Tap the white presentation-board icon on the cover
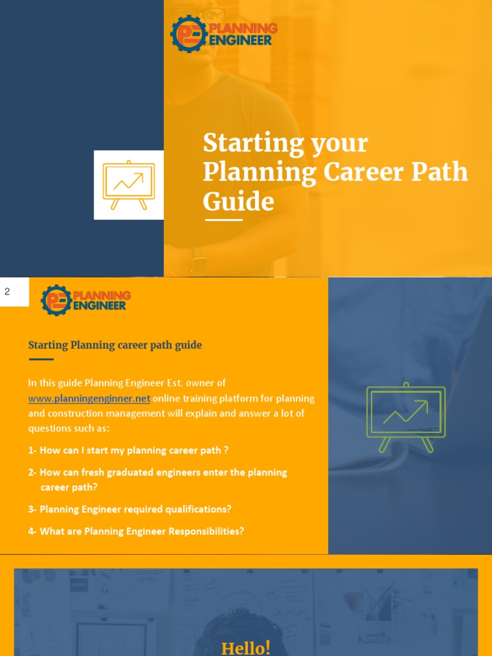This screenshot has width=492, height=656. point(129,184)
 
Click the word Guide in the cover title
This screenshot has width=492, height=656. point(238,201)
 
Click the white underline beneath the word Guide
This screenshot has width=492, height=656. point(224,220)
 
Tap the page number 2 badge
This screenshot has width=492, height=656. point(8,292)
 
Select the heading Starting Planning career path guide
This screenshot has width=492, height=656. point(115,345)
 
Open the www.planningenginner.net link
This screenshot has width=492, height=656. point(89,398)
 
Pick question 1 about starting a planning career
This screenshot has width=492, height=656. point(128,450)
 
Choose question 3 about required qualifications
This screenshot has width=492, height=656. point(129,509)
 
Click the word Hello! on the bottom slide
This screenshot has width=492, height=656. point(245,648)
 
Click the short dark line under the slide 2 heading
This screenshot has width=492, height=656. point(41,359)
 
